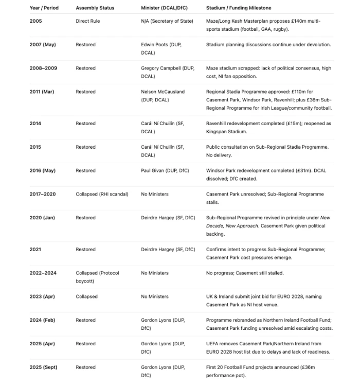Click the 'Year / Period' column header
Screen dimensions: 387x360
click(44, 8)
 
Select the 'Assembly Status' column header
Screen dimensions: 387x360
click(95, 8)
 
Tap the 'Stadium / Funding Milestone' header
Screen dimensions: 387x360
click(239, 8)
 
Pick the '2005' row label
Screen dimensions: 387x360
click(35, 21)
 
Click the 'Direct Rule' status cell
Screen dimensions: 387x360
click(88, 21)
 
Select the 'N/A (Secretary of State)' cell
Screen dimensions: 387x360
click(167, 21)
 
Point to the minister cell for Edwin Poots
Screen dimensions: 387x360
click(161, 48)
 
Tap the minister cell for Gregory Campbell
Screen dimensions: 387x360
click(167, 72)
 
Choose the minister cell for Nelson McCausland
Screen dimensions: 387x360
click(163, 96)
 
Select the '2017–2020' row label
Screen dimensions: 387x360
click(43, 194)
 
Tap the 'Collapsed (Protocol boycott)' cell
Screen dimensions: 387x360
click(97, 277)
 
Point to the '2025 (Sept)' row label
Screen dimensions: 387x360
click(43, 367)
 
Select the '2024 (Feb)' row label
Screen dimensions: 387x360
click(42, 320)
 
